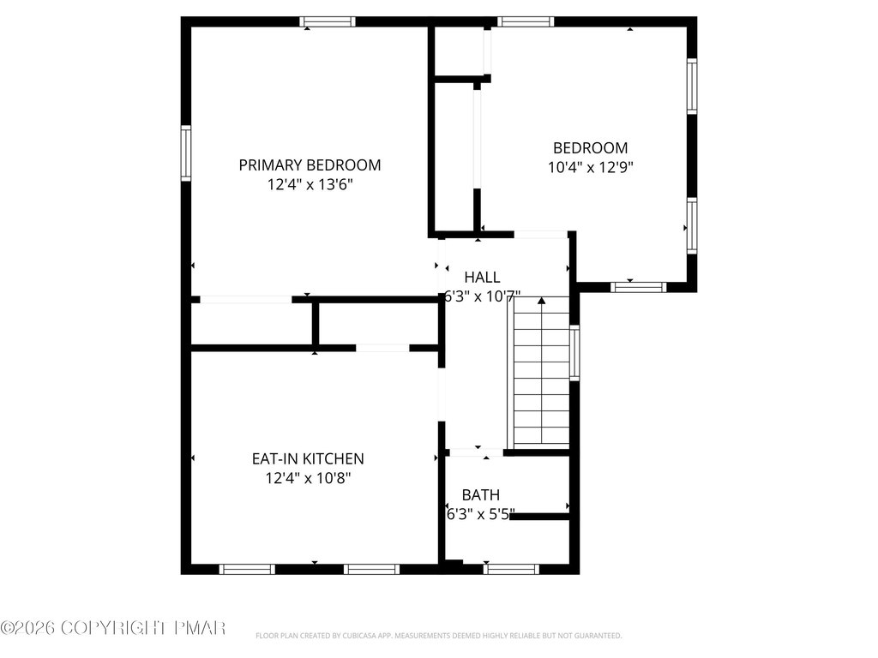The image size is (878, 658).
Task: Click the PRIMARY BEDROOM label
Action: pos(310,165)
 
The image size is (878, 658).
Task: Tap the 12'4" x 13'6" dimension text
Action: pos(310,184)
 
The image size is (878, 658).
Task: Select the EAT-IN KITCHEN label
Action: pos(308,459)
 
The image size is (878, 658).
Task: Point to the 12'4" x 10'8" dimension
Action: pos(308,478)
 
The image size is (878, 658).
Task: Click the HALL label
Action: pos(482,277)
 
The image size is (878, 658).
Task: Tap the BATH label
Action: pos(481,494)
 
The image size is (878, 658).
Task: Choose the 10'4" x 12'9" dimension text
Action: pos(590,167)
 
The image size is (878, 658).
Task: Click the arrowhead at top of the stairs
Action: pos(542,301)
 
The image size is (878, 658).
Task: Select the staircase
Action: pos(538,372)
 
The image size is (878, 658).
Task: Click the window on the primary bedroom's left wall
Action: pos(186,153)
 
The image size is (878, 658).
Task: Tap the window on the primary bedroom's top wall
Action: pos(328,21)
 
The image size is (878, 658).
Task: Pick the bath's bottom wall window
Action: pos(511,569)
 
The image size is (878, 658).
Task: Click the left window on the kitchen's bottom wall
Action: pos(247,569)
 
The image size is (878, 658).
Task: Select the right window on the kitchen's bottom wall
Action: pos(372,569)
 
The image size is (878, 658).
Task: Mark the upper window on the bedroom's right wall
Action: pos(692,87)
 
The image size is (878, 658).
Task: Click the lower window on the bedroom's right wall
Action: pos(692,225)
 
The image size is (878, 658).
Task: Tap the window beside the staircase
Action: pos(574,352)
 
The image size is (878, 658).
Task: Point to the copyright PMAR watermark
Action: pos(112,628)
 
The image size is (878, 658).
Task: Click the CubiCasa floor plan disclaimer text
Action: pos(438,636)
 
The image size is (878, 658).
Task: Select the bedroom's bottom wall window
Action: pos(638,287)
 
